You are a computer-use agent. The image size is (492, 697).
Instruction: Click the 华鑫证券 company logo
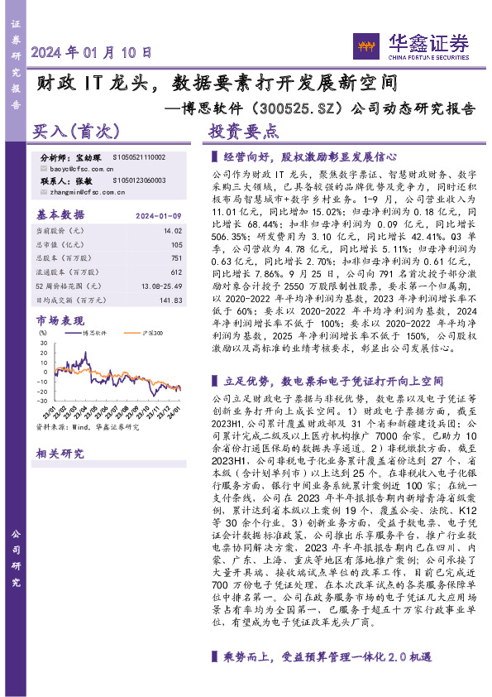pos(410,45)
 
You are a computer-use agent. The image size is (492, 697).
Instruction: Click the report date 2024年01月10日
pos(92,51)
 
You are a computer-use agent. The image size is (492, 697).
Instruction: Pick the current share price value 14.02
pos(172,232)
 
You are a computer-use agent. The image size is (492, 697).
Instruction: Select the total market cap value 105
pos(175,244)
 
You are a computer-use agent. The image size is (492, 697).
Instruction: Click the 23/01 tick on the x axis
pos(51,410)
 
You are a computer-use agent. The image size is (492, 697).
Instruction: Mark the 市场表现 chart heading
pos(60,319)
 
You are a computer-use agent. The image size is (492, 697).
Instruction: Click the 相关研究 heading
pos(60,453)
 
